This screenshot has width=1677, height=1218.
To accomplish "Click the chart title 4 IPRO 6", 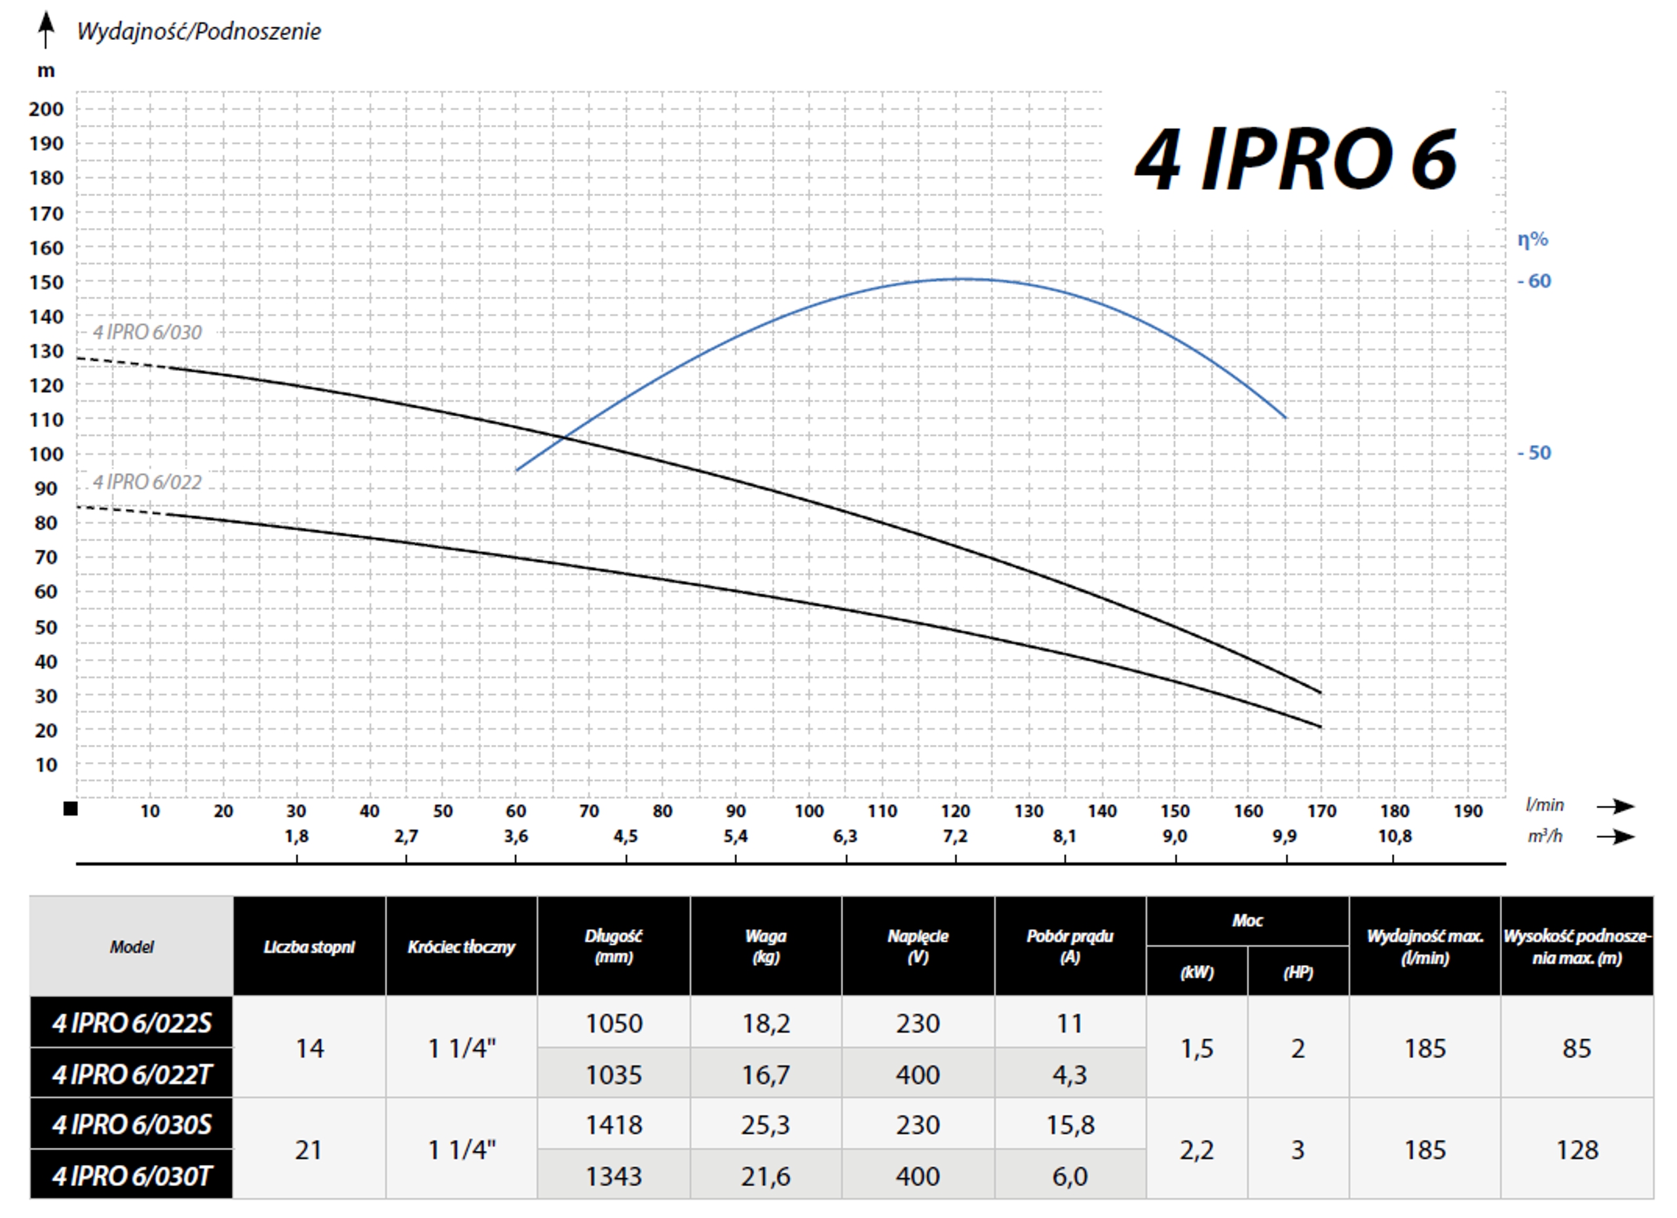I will coord(1296,161).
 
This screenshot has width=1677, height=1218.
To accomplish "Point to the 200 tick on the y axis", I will coord(46,109).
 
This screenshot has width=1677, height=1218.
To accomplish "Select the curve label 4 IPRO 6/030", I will coord(147,332).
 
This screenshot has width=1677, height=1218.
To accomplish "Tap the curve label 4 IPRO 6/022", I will coord(147,482).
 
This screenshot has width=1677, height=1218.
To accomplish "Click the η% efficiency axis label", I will coord(1532,240).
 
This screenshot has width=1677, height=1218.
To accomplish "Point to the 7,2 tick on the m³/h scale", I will coord(954,837).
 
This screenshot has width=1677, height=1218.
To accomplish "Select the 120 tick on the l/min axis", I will coord(954,811).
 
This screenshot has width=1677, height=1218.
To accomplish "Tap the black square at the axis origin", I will coord(70,809).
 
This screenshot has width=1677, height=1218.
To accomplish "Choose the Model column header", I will coord(132,947).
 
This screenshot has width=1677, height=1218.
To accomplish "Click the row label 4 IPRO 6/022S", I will coord(132,1023).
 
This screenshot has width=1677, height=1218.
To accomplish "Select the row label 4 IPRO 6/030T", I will coord(132,1176).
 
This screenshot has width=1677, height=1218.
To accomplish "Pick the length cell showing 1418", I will coord(614,1125).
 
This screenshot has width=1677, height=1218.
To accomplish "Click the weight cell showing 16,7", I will coord(765,1075).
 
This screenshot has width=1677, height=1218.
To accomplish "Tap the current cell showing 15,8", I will coord(1069,1125).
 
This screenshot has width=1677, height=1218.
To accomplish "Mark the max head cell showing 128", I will coord(1576,1150).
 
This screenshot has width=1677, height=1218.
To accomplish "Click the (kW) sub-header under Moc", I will coord(1196,972).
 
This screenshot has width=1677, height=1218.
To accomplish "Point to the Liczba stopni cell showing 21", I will coord(309,1150).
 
